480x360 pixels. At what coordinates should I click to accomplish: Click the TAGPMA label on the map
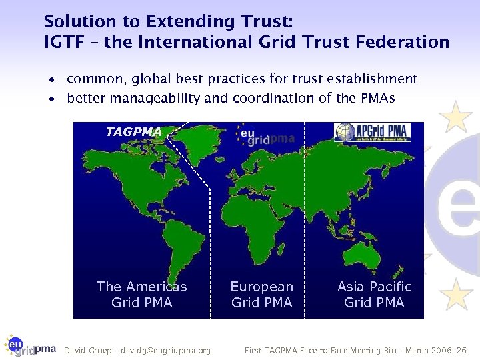(133, 132)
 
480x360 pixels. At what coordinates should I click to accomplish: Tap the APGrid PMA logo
(372, 132)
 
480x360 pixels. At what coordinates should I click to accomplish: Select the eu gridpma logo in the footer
(29, 345)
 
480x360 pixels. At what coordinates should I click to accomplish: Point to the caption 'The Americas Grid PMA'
(141, 295)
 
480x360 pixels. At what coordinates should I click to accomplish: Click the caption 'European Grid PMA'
(261, 295)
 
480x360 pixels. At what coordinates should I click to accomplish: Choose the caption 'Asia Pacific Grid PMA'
(374, 295)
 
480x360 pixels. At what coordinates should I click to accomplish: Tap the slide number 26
(461, 350)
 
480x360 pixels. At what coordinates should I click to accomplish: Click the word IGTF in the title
(63, 43)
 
